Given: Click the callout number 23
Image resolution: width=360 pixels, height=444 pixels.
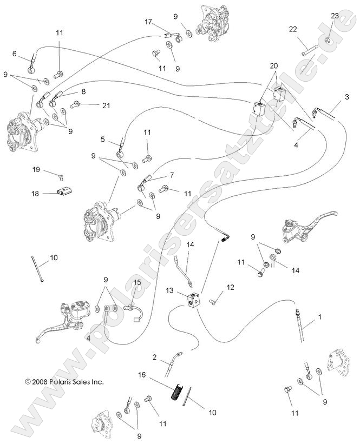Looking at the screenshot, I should tap(335, 16).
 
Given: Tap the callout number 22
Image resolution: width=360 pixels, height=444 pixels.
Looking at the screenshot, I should tap(293, 29).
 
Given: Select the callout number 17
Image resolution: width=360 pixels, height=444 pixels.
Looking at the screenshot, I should tap(149, 22).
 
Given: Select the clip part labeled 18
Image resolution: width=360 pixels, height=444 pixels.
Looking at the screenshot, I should tap(64, 192).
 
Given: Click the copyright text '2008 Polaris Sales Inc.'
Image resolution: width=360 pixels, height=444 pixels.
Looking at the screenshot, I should tap(64, 381).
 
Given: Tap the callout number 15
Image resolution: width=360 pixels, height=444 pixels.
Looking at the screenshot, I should tap(138, 282).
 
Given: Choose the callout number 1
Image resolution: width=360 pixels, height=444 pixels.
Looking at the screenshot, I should tap(319, 317).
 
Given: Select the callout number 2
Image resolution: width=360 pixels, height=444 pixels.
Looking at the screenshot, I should tap(154, 357).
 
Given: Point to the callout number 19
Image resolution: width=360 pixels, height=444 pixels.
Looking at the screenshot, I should tap(36, 170).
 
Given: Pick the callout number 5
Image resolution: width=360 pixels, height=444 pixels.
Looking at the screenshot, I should tap(102, 139).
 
